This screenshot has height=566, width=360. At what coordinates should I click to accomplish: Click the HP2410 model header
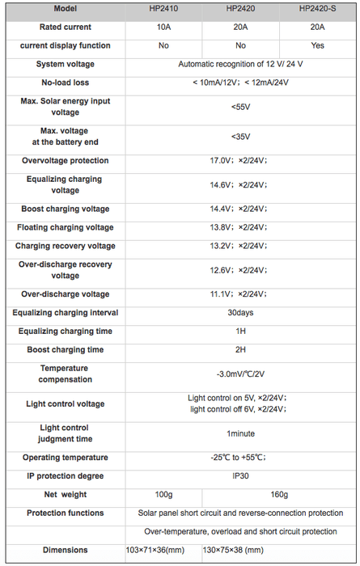(164, 9)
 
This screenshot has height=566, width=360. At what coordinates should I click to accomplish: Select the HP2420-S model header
(317, 9)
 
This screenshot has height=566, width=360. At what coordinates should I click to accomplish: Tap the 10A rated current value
(164, 27)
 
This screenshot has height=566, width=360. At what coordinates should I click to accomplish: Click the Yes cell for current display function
(317, 45)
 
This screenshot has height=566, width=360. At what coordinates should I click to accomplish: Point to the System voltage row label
(66, 64)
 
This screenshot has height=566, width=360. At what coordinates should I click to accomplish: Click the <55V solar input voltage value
(240, 107)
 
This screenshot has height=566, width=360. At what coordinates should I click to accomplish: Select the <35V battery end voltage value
(240, 137)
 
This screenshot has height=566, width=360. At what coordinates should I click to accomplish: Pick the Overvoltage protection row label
(66, 161)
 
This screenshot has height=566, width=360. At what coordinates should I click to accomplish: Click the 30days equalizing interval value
(240, 313)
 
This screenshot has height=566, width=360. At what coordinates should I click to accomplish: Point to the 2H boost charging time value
(240, 350)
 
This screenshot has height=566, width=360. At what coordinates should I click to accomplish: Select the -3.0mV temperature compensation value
(240, 374)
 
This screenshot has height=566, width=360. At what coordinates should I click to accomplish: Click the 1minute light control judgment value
(240, 433)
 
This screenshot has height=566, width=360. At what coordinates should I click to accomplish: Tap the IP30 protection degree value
(240, 476)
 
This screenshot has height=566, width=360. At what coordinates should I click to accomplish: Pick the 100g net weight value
(164, 494)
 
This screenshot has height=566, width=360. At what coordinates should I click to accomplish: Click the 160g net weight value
(278, 494)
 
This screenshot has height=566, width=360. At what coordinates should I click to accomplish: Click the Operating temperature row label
(66, 458)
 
